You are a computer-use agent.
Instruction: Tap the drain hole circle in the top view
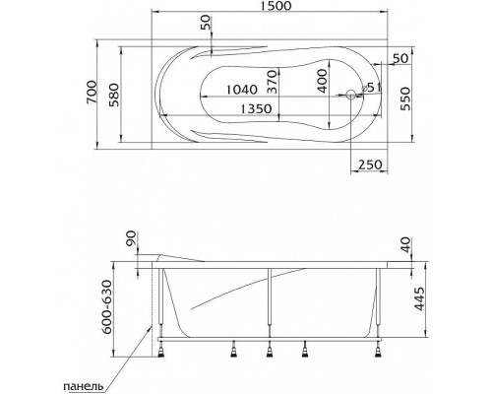click(351, 97)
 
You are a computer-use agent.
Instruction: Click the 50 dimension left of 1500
click(206, 23)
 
